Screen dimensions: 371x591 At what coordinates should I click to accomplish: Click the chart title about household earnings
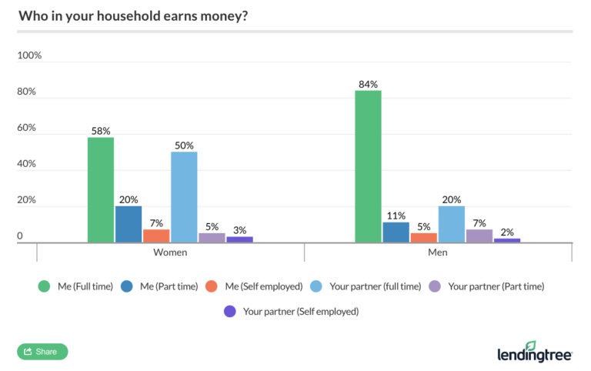132,15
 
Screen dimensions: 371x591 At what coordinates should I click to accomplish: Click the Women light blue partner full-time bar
184,197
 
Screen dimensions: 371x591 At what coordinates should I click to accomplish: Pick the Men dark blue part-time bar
396,232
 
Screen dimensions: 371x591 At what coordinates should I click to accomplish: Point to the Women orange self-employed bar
156,236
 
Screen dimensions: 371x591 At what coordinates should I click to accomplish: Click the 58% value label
101,130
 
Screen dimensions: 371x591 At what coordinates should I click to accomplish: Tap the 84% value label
368,84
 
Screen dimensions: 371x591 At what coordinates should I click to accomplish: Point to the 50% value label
184,145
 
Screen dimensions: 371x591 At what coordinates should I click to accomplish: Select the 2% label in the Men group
507,232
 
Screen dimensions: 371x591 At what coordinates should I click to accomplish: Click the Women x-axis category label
170,252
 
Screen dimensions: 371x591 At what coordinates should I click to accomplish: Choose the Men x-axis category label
438,252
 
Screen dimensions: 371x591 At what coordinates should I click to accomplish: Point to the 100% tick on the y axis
29,56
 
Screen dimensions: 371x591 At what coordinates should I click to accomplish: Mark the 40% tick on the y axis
27,164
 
